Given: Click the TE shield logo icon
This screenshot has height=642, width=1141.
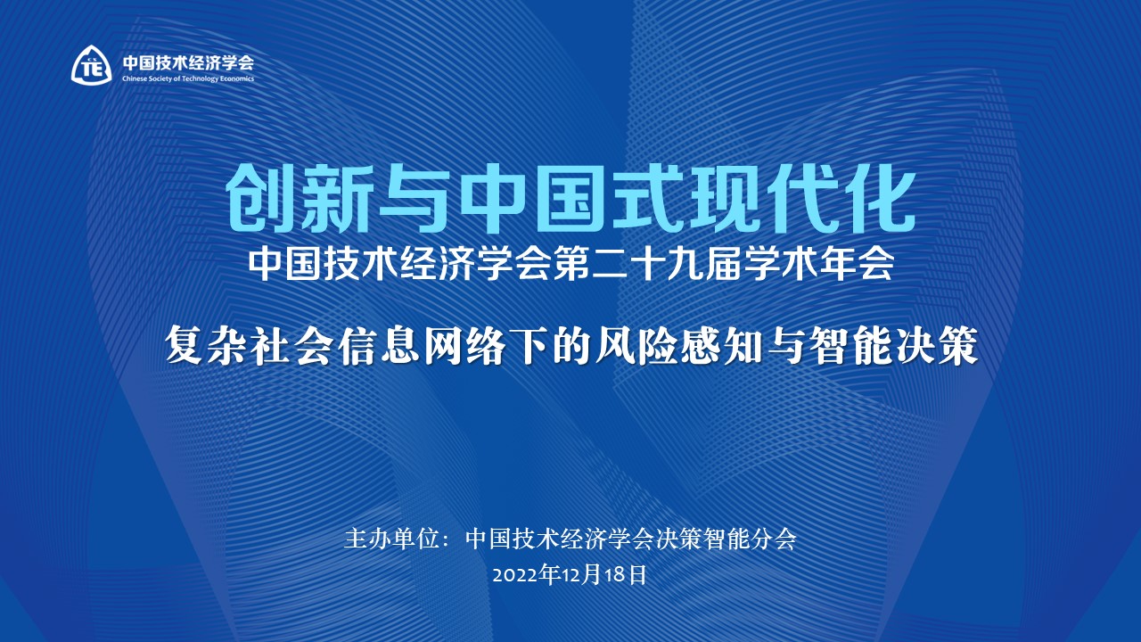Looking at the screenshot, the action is click(91, 65).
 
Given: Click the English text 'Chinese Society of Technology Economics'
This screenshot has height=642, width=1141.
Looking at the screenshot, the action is click(188, 78).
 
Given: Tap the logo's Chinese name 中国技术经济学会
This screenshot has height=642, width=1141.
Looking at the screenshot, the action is click(188, 62).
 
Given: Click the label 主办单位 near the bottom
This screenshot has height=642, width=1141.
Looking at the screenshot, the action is click(391, 539).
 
